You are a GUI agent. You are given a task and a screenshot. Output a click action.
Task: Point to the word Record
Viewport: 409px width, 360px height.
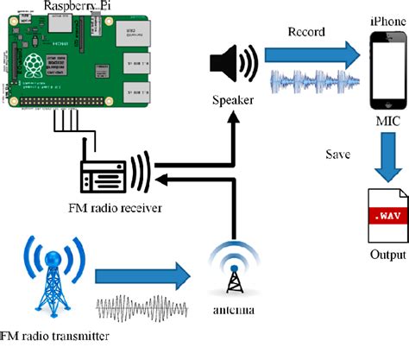coord(307,31)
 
